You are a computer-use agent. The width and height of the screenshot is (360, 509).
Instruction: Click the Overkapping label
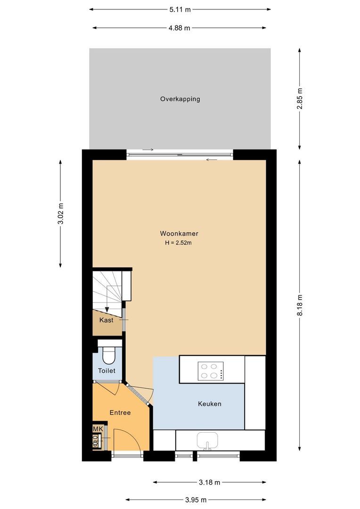point(180,99)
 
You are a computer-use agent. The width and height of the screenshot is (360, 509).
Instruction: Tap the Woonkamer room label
point(179,234)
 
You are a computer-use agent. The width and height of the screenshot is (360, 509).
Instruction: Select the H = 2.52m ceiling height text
point(179,243)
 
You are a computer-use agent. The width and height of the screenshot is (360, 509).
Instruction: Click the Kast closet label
point(106,320)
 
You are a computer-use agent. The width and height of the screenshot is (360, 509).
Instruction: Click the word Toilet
point(106,371)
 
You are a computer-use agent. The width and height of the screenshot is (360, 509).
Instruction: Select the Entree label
point(120,412)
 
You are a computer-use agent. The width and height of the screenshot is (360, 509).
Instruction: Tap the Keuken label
point(210,404)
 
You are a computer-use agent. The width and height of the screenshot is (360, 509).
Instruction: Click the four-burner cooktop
point(210,370)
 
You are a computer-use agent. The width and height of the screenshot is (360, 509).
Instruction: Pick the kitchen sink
point(207,441)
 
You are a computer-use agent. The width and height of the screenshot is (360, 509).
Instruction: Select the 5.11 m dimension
point(180,9)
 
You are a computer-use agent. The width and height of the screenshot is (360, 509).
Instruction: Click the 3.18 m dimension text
point(209,482)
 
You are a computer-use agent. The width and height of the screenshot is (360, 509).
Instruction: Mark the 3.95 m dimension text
point(196,500)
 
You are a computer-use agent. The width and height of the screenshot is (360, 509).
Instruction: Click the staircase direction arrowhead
point(107,309)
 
